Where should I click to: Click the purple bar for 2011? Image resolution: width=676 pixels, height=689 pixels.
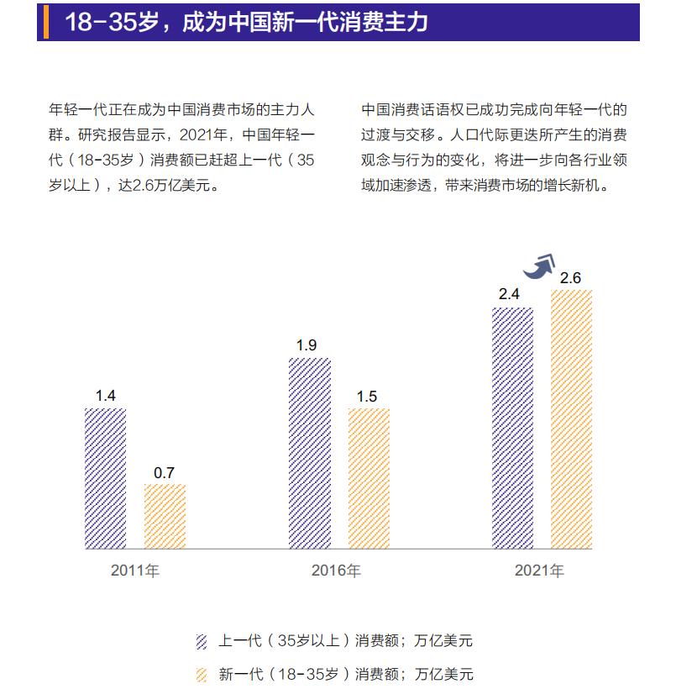pyautogui.click(x=105, y=478)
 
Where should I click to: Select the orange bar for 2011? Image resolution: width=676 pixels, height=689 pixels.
pyautogui.click(x=165, y=516)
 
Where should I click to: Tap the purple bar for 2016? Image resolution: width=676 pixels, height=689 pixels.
pyautogui.click(x=309, y=453)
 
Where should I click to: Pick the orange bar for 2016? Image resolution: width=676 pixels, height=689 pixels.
pyautogui.click(x=369, y=478)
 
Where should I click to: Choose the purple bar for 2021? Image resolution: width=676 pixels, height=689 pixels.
pyautogui.click(x=512, y=428)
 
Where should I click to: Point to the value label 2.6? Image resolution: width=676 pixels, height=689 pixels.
pyautogui.click(x=571, y=278)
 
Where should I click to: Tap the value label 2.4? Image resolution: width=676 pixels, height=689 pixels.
pyautogui.click(x=509, y=295)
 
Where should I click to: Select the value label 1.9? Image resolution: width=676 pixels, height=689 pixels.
pyautogui.click(x=306, y=345)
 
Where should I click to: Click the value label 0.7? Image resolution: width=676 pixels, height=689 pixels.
pyautogui.click(x=164, y=472)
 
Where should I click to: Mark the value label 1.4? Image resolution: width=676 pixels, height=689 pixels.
pyautogui.click(x=105, y=396)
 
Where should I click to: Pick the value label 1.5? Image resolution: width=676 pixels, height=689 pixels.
pyautogui.click(x=367, y=396)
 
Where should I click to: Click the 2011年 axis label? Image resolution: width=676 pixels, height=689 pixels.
pyautogui.click(x=134, y=571)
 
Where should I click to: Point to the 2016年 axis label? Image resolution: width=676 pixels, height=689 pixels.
pyautogui.click(x=336, y=571)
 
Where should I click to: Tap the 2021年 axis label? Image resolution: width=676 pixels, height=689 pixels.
pyautogui.click(x=539, y=571)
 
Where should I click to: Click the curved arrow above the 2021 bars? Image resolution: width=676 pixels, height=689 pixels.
pyautogui.click(x=539, y=266)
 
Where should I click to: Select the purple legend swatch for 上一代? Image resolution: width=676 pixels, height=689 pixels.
pyautogui.click(x=201, y=642)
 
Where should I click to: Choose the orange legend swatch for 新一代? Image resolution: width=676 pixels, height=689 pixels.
pyautogui.click(x=201, y=674)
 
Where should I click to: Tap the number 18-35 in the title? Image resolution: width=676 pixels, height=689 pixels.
pyautogui.click(x=102, y=22)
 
